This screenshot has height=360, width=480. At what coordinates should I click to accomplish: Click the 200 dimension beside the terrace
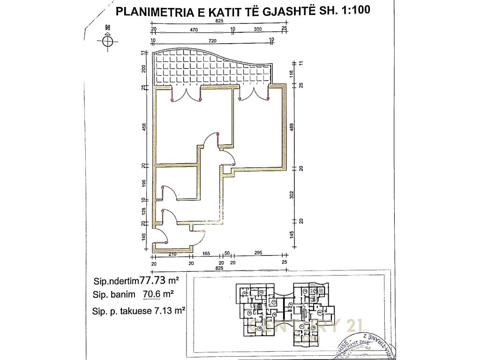click(x=144, y=69)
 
